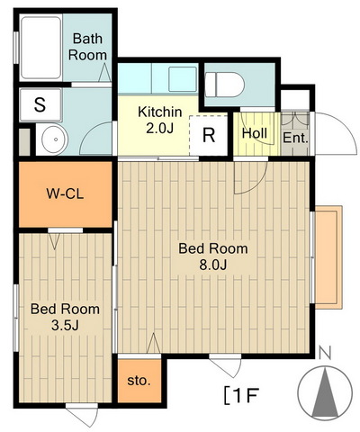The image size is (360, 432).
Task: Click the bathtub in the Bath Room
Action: (40, 48)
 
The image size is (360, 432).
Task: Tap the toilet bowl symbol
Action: (225, 85)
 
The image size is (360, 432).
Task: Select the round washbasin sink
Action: (55, 139)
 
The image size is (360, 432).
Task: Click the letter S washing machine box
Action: (40, 104)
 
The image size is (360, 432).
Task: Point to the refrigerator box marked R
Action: (209, 135)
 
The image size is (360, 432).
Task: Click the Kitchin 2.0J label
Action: (160, 120)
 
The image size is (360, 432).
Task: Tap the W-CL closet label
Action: (65, 193)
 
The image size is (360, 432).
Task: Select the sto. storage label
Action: (139, 381)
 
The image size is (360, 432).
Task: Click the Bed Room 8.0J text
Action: (213, 256)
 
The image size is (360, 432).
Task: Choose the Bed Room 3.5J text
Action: (65, 317)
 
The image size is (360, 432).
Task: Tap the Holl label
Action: (255, 133)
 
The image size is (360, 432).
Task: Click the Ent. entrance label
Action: (295, 138)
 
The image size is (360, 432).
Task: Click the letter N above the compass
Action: (325, 353)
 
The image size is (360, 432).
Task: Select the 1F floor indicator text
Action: (241, 396)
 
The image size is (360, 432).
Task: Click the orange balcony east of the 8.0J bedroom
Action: (328, 257)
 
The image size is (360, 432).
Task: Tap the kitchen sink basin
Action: (183, 79)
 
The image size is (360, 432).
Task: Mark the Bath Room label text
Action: (87, 47)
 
